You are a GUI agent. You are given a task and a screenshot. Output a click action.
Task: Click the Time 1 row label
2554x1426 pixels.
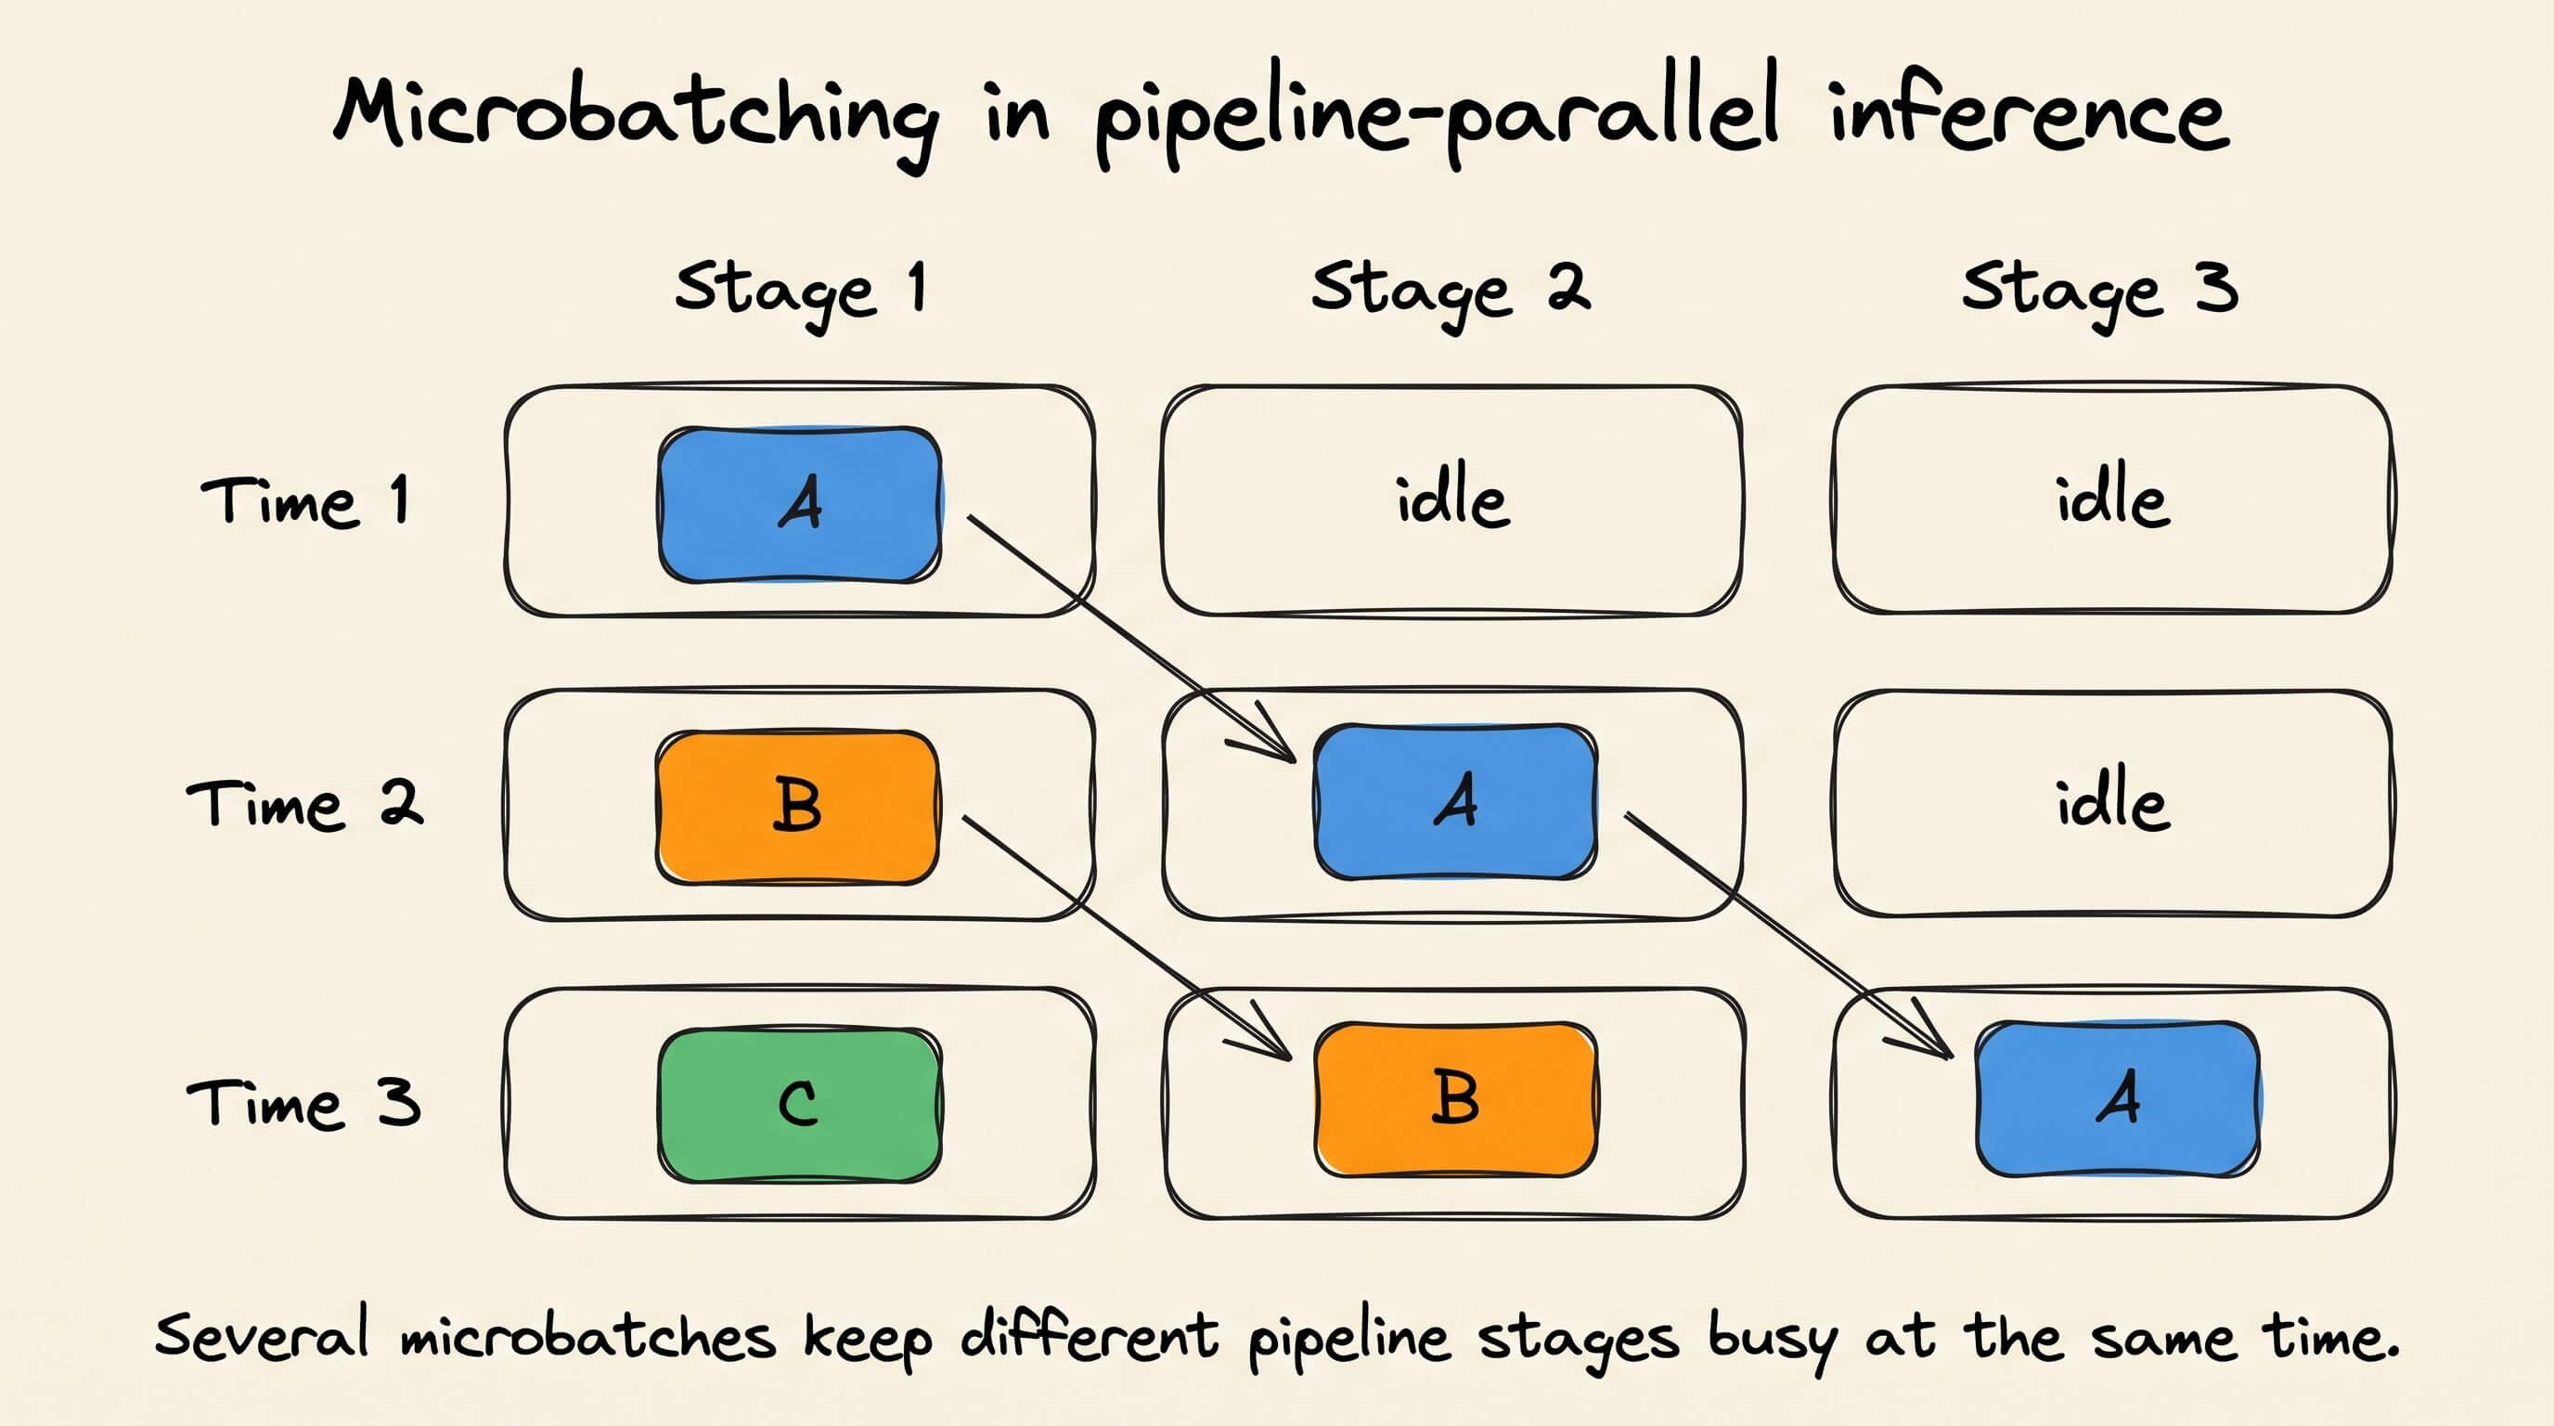pos(304,499)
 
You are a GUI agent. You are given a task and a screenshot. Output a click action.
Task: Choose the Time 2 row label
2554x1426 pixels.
pos(304,803)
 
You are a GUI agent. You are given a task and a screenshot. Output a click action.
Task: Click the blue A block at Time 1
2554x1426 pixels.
pos(800,505)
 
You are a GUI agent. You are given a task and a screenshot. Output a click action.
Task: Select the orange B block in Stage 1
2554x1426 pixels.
pos(797,807)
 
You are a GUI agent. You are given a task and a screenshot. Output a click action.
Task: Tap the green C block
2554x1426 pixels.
pos(800,1105)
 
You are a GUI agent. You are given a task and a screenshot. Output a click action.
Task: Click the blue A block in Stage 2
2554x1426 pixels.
pos(1455,801)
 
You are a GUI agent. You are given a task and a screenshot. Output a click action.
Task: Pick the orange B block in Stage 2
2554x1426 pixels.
pos(1455,1099)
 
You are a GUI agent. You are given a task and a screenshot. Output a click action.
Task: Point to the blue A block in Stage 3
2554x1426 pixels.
pos(2118,1099)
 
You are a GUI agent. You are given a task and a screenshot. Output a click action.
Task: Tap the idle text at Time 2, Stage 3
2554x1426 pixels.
pos(2113,802)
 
